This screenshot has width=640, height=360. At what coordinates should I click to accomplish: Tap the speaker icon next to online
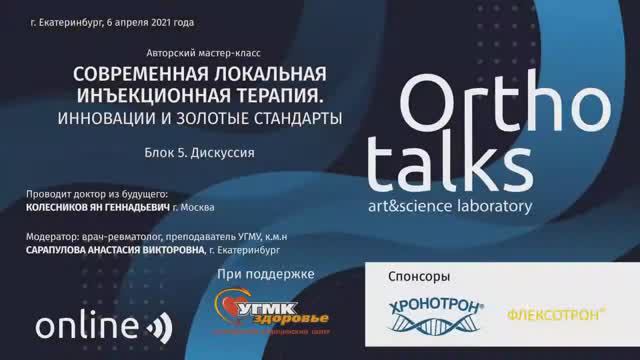coord(159,327)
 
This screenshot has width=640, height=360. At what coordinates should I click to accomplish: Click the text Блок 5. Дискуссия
coord(200,154)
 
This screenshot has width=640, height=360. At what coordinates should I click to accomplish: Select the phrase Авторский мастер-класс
coord(200,50)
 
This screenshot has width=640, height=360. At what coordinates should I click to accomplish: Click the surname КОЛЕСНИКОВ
coord(70,209)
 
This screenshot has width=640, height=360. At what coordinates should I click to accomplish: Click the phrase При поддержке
coord(265,274)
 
